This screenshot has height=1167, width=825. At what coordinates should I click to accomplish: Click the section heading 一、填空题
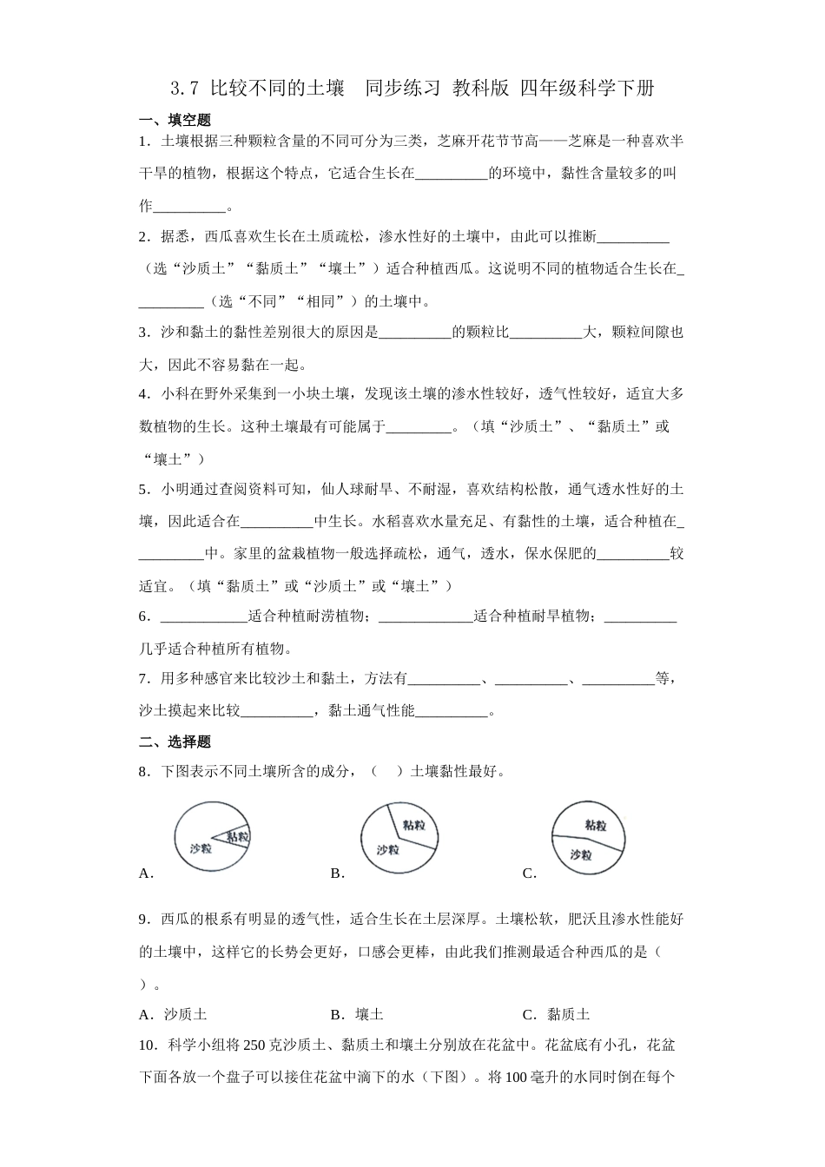[x=175, y=121]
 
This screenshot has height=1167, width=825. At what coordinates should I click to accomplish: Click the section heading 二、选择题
[x=175, y=742]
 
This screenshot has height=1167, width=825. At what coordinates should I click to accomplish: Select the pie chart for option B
[x=399, y=837]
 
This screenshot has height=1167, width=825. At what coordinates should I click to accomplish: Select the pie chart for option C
[x=588, y=838]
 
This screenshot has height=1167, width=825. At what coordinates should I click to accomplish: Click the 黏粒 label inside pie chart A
[x=237, y=836]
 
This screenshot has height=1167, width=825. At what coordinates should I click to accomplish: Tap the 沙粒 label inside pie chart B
[x=388, y=851]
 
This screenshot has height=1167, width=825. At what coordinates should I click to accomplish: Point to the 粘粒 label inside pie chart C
[x=596, y=825]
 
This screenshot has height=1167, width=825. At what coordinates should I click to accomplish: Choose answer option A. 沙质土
[x=173, y=1014]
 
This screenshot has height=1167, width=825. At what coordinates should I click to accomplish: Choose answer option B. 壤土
[x=357, y=1014]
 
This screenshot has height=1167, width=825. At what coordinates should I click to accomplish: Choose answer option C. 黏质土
[x=556, y=1014]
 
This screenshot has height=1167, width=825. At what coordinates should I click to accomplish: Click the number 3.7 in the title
[x=185, y=88]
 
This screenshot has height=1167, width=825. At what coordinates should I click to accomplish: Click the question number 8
[x=144, y=771]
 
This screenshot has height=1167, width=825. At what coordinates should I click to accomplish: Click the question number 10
[x=148, y=1045]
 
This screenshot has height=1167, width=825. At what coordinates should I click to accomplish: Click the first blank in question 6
[x=205, y=616]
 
